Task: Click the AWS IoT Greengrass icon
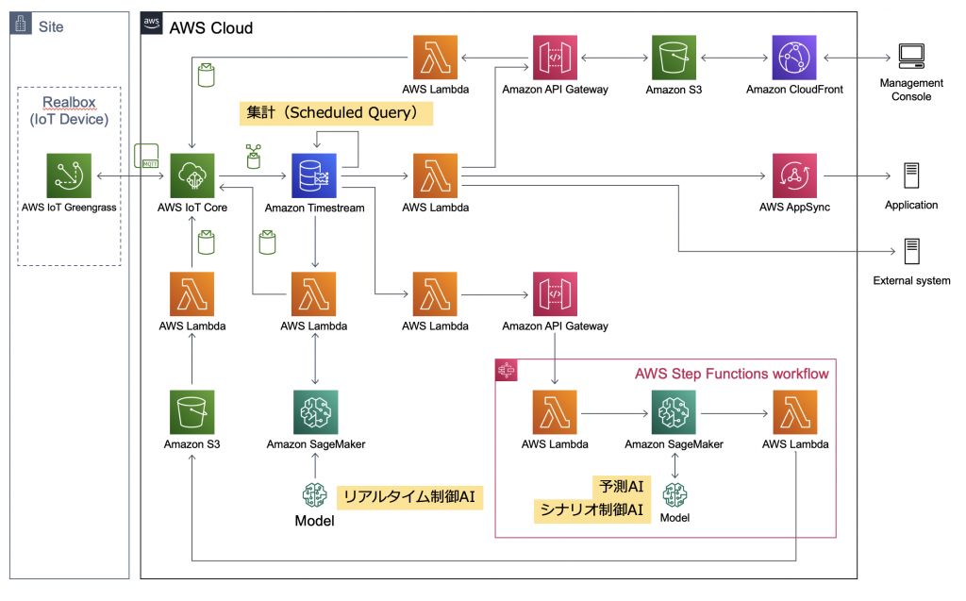[x=69, y=176]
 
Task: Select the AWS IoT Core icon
[x=192, y=176]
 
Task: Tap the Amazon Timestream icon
[x=314, y=176]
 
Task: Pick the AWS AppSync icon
[x=794, y=176]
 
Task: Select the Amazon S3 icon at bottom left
[x=192, y=413]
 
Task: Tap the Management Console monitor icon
[x=911, y=58]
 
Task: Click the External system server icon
[x=911, y=252]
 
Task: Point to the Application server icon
[x=911, y=175]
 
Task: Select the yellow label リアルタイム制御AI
[x=408, y=496]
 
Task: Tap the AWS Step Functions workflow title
[x=731, y=374]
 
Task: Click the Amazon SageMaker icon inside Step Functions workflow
[x=674, y=413]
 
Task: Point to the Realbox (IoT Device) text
[x=69, y=110]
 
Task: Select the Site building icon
[x=21, y=25]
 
